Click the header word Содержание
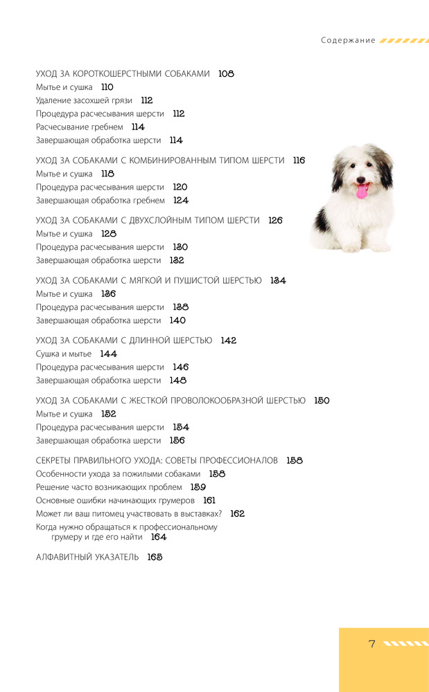[x=348, y=40]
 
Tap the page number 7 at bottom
[x=371, y=644]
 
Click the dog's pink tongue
[x=362, y=192]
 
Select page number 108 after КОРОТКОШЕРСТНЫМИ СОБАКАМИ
[x=226, y=73]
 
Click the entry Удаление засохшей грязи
[x=84, y=100]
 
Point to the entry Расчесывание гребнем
[x=80, y=127]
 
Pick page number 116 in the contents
[x=299, y=161]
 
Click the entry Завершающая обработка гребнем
[x=100, y=201]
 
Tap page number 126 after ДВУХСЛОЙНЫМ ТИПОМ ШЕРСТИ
[x=275, y=221]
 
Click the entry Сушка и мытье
[x=64, y=354]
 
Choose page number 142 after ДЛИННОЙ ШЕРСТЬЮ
[x=229, y=340]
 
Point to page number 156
[x=177, y=441]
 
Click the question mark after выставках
[x=220, y=513]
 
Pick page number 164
[x=159, y=537]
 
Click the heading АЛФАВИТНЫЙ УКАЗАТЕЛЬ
[x=87, y=557]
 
